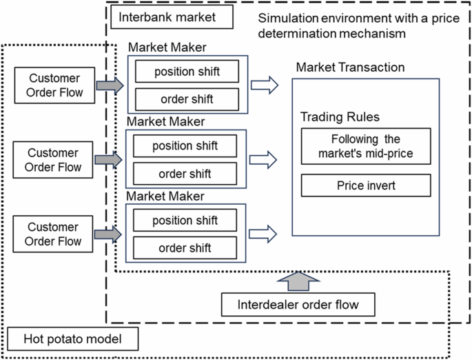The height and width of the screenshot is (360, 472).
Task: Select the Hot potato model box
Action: [73, 339]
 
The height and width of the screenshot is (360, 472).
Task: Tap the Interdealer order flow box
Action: [297, 303]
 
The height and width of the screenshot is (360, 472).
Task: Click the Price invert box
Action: [365, 186]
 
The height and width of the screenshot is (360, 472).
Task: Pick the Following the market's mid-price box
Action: [365, 146]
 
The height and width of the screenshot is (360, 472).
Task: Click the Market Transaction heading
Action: [350, 67]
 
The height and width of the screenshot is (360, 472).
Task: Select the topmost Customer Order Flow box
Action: [53, 86]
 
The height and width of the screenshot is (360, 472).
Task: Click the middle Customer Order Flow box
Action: [53, 160]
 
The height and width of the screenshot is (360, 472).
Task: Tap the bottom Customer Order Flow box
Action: [53, 234]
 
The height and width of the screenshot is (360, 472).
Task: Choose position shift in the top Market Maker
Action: [187, 72]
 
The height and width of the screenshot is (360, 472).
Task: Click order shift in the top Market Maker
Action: [187, 99]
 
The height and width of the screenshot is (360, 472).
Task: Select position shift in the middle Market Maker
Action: [185, 146]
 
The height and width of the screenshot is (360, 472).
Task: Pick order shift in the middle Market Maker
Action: [185, 173]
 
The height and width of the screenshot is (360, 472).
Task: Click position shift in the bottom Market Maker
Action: [185, 220]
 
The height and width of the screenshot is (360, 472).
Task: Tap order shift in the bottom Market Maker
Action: [185, 248]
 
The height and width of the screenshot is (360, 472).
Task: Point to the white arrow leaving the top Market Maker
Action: [264, 86]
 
